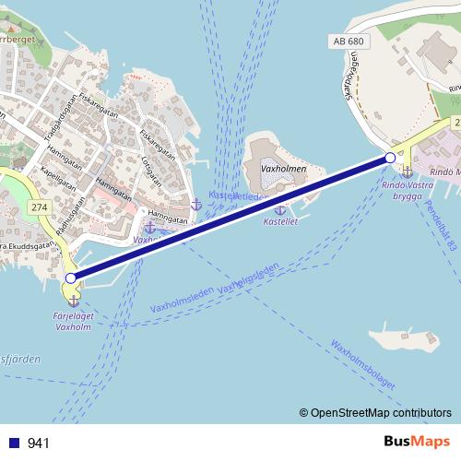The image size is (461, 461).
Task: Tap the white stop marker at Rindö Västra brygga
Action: pyautogui.click(x=390, y=159)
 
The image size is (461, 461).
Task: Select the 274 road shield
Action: pyautogui.click(x=39, y=209)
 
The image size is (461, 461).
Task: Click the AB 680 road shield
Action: pyautogui.click(x=348, y=42)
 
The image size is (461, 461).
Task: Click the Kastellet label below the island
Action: pyautogui.click(x=279, y=222)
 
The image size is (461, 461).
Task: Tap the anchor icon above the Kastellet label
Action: pyautogui.click(x=279, y=210)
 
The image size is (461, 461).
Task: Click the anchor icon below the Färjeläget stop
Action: pyautogui.click(x=74, y=301)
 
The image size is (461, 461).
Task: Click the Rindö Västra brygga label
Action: pyautogui.click(x=407, y=190)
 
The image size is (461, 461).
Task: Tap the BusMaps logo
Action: pyautogui.click(x=417, y=442)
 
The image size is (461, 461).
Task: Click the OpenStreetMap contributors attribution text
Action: pyautogui.click(x=381, y=413)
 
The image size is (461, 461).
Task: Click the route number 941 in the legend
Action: pyautogui.click(x=39, y=443)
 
